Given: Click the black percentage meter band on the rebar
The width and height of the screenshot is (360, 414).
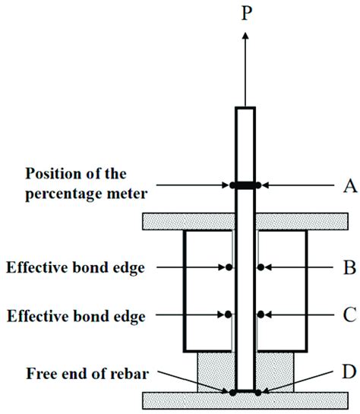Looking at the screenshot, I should coord(244,185).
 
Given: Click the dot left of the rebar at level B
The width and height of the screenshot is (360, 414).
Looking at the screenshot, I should coord(228,267).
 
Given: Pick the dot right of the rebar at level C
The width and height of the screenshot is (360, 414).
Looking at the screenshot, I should coord(260,314).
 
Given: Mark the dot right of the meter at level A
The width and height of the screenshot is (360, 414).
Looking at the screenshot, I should coord(259,185).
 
